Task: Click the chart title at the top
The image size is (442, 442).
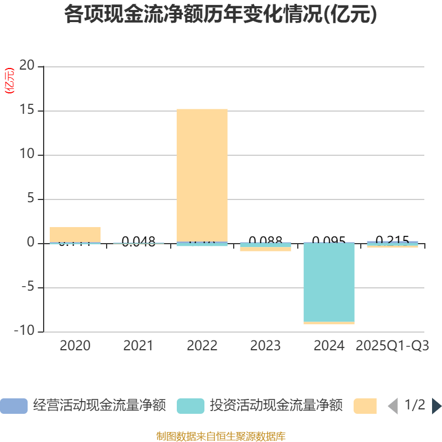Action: (x=220, y=15)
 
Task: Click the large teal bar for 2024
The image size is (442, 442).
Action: (x=329, y=282)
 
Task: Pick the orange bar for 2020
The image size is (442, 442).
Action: (x=75, y=234)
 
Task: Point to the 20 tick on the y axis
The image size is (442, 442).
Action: (x=27, y=66)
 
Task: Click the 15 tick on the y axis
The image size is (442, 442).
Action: (x=27, y=110)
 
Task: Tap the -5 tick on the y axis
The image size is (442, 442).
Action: (x=27, y=287)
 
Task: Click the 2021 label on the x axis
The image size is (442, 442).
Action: (x=138, y=346)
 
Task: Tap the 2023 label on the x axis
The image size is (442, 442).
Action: (x=265, y=346)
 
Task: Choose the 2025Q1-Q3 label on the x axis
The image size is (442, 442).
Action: (x=392, y=346)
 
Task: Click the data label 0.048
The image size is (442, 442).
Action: (x=139, y=241)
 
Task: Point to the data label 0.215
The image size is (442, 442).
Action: (x=392, y=240)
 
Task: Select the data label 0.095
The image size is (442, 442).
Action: (x=329, y=240)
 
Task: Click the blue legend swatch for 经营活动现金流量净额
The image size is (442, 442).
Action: (x=13, y=406)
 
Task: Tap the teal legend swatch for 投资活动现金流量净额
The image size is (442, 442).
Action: (x=191, y=406)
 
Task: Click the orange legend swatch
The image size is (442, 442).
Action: (x=365, y=406)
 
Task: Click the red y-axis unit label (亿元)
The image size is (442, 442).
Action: (x=9, y=81)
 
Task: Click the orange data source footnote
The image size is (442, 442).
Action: (x=220, y=436)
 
